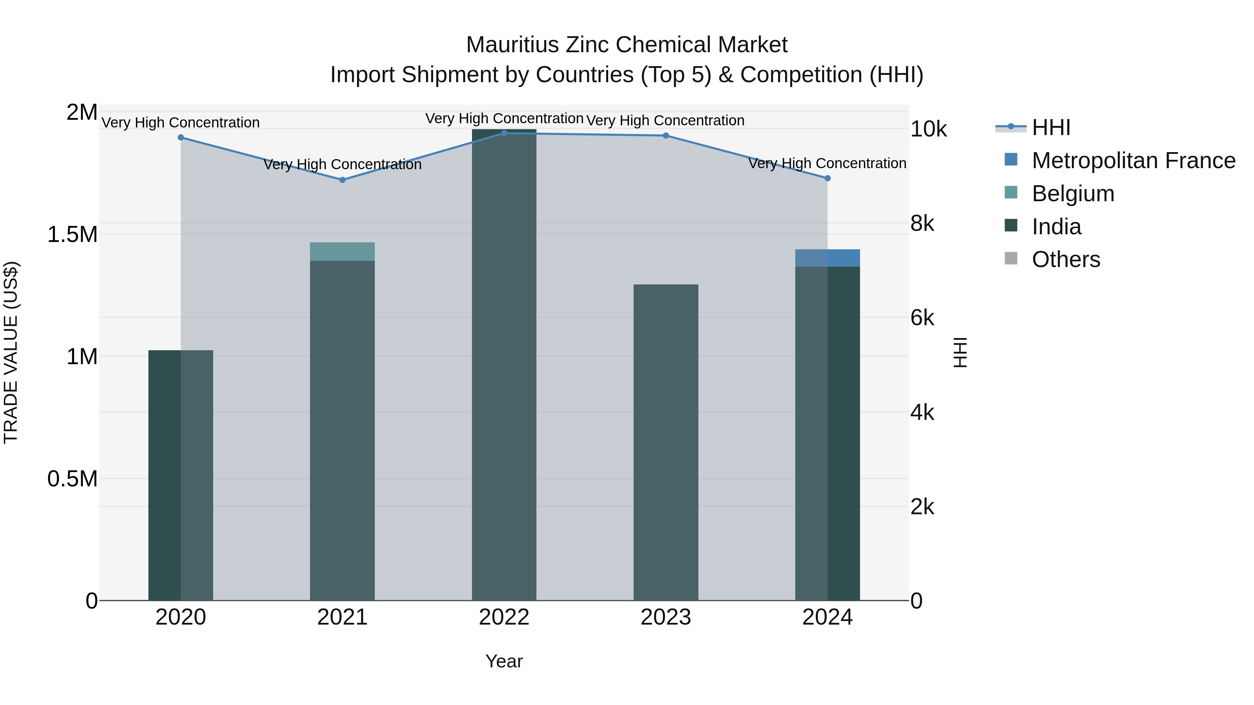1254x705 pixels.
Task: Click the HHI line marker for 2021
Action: click(342, 180)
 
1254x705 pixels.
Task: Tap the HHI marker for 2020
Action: click(180, 138)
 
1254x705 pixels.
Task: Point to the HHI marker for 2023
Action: click(665, 136)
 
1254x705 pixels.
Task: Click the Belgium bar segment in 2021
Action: click(342, 252)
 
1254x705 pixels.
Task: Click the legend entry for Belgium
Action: click(1073, 194)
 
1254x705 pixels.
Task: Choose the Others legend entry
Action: click(1065, 259)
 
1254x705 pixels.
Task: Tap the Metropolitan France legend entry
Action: click(1133, 160)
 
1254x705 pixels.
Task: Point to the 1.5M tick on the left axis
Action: click(72, 235)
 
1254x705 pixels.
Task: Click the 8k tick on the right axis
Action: click(922, 224)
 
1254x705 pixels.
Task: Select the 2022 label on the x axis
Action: click(504, 617)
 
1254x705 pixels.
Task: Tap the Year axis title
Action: click(504, 661)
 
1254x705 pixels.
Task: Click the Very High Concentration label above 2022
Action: click(504, 119)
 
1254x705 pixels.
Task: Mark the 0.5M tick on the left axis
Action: click(72, 479)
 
